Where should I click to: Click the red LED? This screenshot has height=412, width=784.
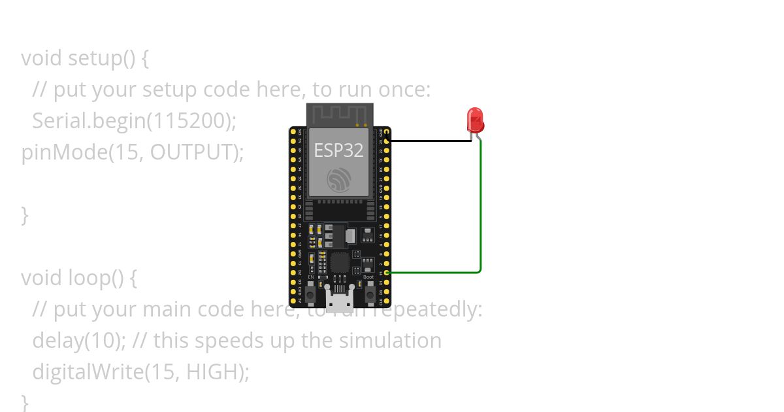[x=475, y=120]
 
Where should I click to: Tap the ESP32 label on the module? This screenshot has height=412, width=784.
[x=338, y=150]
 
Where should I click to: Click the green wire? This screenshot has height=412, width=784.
[x=480, y=209]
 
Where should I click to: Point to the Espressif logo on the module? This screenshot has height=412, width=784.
[x=339, y=179]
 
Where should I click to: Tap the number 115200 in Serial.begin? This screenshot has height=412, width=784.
[x=195, y=120]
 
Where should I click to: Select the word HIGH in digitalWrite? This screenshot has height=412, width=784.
[x=212, y=371]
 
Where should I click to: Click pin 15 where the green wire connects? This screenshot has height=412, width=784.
[x=387, y=272]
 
